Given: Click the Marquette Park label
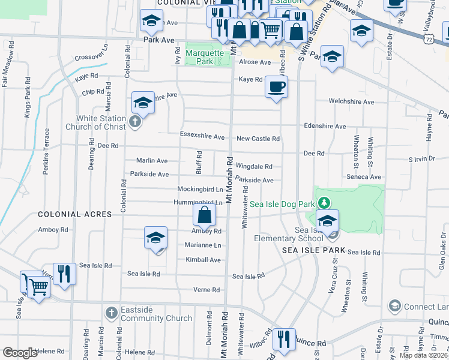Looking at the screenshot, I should [208, 57].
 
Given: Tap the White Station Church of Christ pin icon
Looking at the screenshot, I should [135, 123].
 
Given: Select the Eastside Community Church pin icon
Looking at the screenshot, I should [111, 313].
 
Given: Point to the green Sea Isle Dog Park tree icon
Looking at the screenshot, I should [324, 203].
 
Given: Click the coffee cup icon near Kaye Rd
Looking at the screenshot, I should [276, 87].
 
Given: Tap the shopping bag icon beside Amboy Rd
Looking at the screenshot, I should [205, 214].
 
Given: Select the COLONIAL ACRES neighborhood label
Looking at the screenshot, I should [74, 214].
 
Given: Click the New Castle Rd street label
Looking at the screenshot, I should [258, 139].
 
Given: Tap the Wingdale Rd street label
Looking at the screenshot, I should [254, 166].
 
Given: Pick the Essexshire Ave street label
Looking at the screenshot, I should [202, 136].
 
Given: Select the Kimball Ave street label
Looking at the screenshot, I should [203, 260].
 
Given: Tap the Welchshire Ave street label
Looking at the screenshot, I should [352, 102].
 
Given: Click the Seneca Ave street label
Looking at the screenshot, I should [364, 177].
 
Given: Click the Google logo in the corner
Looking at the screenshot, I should [20, 353].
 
